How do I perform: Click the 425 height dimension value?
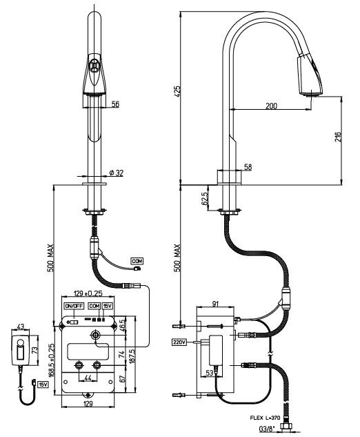click(x=177, y=91)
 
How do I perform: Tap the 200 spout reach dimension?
click(x=272, y=106)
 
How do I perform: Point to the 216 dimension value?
click(x=338, y=137)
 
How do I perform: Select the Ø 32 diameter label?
click(x=116, y=173)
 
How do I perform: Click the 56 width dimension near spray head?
click(x=115, y=104)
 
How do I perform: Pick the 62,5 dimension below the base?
click(x=205, y=199)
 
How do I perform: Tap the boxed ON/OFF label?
click(x=74, y=306)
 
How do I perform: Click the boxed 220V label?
click(x=179, y=342)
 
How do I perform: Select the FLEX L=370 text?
click(x=265, y=418)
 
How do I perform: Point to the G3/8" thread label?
click(x=267, y=428)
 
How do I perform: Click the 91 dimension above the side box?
click(x=215, y=304)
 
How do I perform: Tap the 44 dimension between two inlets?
click(x=88, y=378)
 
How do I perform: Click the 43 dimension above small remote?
click(x=21, y=326)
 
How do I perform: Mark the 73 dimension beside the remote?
click(x=34, y=350)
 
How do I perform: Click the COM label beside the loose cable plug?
click(x=137, y=261)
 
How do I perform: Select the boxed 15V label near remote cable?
click(x=43, y=385)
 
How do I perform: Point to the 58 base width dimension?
click(x=248, y=166)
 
